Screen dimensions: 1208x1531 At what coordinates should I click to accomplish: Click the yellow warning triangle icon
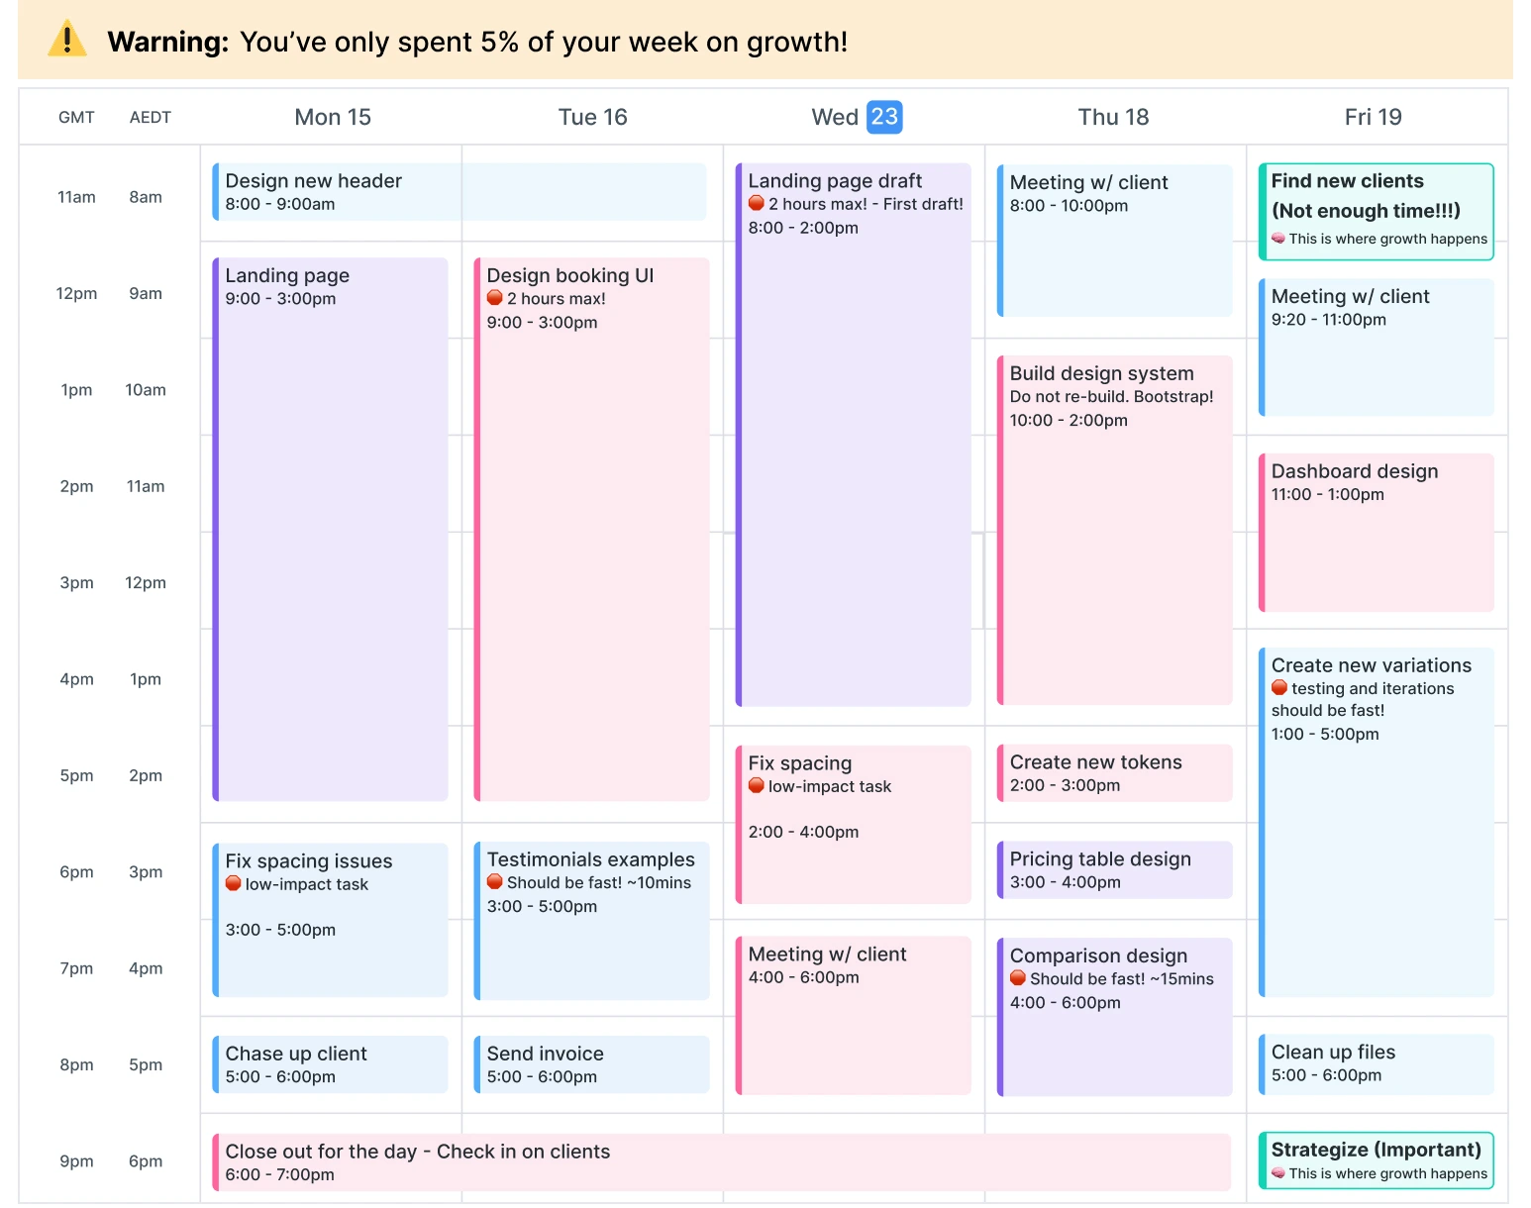pos(67,40)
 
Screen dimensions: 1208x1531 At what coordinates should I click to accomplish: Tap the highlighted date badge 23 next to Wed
pos(884,117)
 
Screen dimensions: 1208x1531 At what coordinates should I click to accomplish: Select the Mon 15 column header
pos(333,117)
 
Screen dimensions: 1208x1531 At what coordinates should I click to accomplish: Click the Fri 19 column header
pos(1373,117)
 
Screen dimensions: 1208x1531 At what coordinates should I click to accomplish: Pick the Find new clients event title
pos(1347,181)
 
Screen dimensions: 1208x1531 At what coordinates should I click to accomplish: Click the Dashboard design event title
pos(1354,471)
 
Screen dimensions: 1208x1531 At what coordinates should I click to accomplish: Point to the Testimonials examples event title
pos(590,859)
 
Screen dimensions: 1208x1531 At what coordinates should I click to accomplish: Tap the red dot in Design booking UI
pos(495,298)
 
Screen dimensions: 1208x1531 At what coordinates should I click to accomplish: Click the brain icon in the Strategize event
pos(1278,1173)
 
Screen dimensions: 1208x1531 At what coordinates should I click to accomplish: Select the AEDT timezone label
pos(151,117)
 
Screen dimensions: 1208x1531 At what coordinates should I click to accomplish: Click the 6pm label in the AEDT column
pos(146,1160)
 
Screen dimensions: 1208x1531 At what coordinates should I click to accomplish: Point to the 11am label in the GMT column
pos(76,197)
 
